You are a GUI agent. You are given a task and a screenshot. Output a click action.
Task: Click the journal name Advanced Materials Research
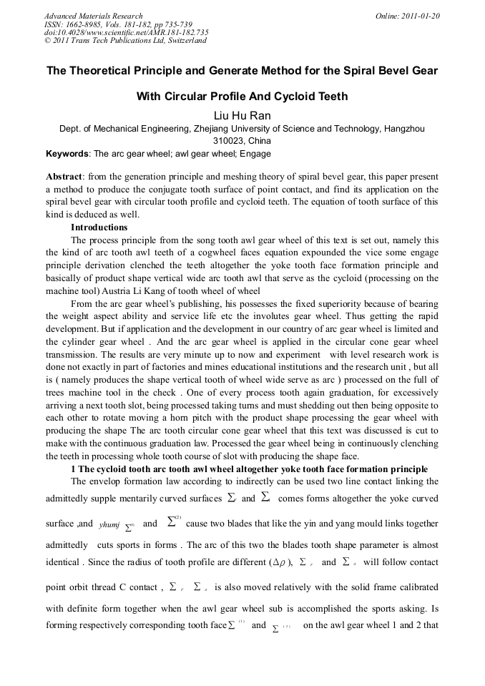point(93,16)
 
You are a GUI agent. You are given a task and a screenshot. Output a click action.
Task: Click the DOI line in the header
point(126,33)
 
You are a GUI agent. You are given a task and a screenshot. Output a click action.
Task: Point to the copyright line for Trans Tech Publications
point(125,41)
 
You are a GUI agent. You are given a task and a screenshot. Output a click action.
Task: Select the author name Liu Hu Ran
point(242,115)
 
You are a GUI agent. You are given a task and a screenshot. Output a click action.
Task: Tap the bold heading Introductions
point(99,227)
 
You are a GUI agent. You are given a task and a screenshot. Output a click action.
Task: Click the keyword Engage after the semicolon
point(256,154)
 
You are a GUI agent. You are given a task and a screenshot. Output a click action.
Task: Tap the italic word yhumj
point(109,524)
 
